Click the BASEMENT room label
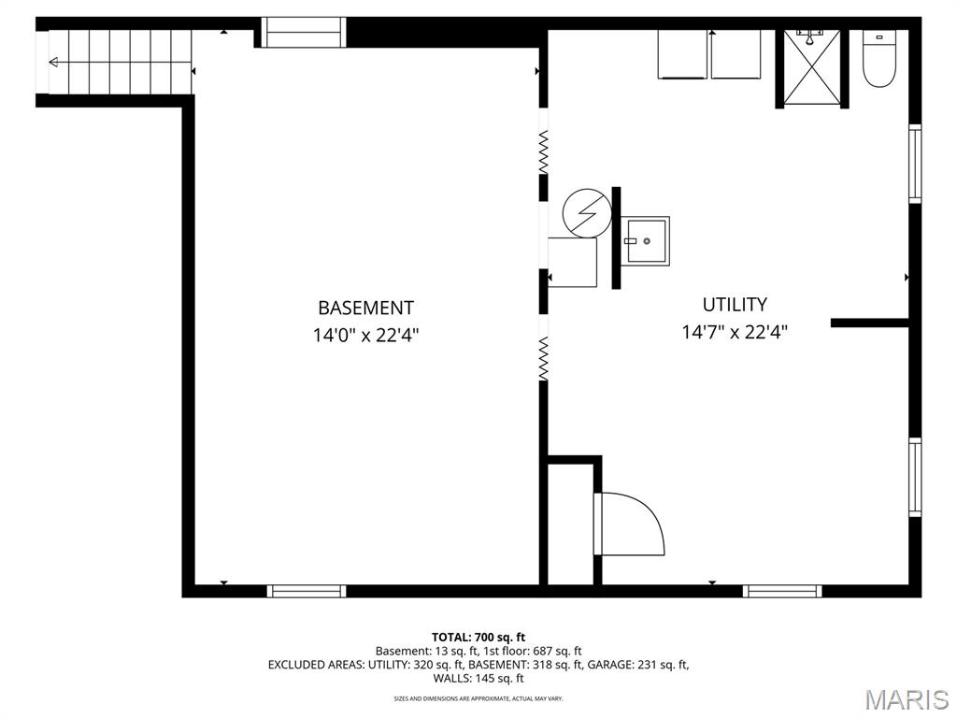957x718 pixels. click(x=365, y=307)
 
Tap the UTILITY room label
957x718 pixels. click(x=735, y=304)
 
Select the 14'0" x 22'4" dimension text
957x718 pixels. click(x=365, y=335)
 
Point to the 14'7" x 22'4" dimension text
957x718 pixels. click(x=735, y=332)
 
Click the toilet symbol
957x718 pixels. click(x=878, y=58)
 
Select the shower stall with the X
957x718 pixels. click(x=812, y=66)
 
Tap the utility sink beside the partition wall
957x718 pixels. click(x=647, y=240)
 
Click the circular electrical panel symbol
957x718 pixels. click(x=587, y=213)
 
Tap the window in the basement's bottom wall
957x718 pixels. click(x=307, y=591)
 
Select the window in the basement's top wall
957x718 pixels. click(x=304, y=33)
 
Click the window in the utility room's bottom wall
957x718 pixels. click(x=782, y=591)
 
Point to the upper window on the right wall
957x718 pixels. click(x=915, y=163)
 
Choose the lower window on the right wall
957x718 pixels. click(x=915, y=478)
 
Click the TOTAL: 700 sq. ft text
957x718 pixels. click(x=478, y=638)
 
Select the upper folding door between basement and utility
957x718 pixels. click(x=543, y=151)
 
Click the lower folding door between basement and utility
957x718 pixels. click(x=543, y=358)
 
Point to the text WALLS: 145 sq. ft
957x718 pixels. click(x=478, y=679)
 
